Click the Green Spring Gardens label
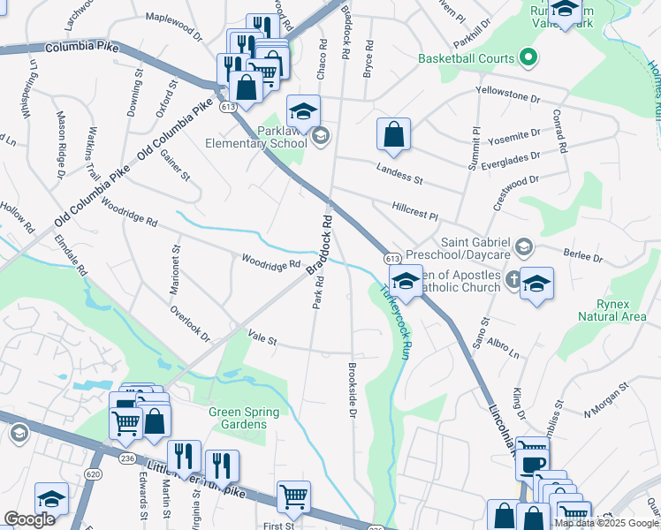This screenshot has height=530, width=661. click(244, 418)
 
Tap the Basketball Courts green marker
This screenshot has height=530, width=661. click(529, 59)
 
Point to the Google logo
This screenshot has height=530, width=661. click(29, 519)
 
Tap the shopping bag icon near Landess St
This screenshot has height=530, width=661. click(394, 135)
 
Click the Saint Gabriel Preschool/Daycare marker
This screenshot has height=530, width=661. click(523, 246)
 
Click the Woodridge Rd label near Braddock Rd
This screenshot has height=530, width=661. click(271, 262)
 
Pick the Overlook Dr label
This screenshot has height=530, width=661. click(190, 324)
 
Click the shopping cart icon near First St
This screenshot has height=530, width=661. click(293, 496)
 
